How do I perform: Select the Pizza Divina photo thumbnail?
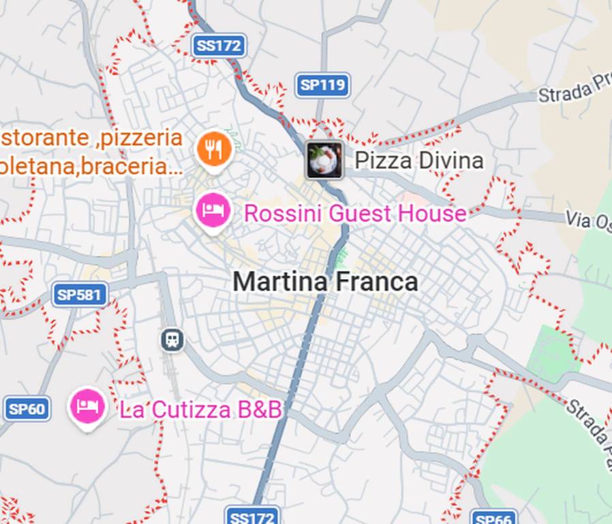point(324,161)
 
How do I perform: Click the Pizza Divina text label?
point(418,161)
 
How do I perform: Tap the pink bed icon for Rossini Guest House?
point(213,211)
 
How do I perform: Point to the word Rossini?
point(282,214)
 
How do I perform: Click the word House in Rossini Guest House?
point(433,214)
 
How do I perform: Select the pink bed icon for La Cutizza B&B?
point(88,407)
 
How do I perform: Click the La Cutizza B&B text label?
point(200,409)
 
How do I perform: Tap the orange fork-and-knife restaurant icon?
point(214,149)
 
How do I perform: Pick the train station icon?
point(172,339)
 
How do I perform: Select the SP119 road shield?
point(323,85)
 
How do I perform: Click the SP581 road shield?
point(80,295)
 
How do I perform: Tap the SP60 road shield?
point(27,409)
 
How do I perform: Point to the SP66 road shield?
point(492,518)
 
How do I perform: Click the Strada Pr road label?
point(575,91)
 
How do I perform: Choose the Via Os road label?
point(588,221)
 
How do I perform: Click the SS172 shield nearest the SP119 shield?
point(218,46)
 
